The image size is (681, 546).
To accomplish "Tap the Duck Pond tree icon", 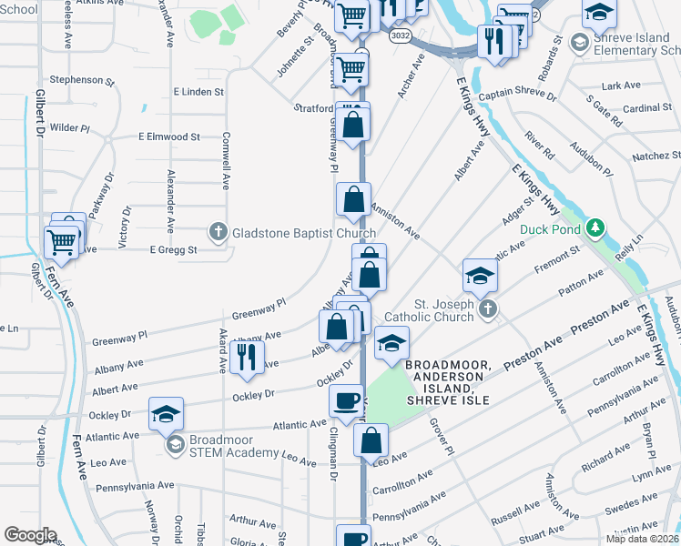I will [596, 227].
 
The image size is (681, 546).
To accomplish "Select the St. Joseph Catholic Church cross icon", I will [487, 308].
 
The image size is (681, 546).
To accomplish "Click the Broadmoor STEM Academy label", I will [233, 446].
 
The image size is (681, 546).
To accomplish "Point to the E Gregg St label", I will [173, 250].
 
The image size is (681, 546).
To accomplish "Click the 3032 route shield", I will [398, 35].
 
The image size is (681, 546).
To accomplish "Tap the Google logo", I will [29, 535].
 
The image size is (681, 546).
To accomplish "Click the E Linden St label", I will [198, 92].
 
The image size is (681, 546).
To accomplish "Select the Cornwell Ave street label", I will [225, 160].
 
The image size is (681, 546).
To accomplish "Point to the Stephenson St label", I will [82, 80].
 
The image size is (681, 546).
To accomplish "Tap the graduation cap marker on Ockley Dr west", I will [166, 413].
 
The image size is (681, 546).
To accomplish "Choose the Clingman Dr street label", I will [334, 451].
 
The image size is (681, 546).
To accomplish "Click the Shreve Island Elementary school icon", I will [578, 43].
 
